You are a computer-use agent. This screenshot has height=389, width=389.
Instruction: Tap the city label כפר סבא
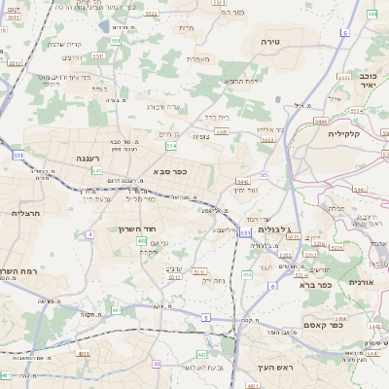click(170, 171)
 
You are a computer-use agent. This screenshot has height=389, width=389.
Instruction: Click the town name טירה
click(271, 43)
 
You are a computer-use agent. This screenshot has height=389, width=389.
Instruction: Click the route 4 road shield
click(89, 234)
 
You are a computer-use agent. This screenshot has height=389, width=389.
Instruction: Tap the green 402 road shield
click(142, 241)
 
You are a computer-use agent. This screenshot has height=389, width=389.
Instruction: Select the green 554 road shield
click(171, 147)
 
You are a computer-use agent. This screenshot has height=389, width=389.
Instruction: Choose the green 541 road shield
click(96, 170)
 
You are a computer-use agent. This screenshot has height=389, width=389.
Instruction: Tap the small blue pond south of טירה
click(280, 98)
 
